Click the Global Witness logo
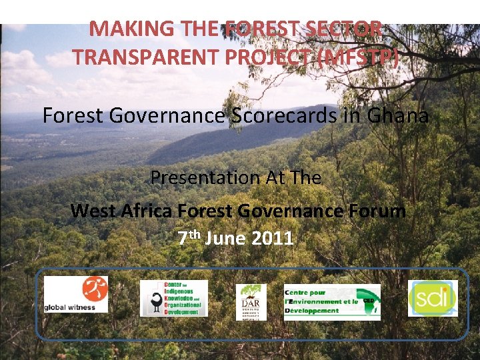pos(75,294)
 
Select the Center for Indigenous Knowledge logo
pos(173,298)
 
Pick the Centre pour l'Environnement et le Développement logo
pos(331,302)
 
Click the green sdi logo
pos(433,298)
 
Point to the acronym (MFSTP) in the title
pos(360,57)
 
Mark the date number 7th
pos(189,238)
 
